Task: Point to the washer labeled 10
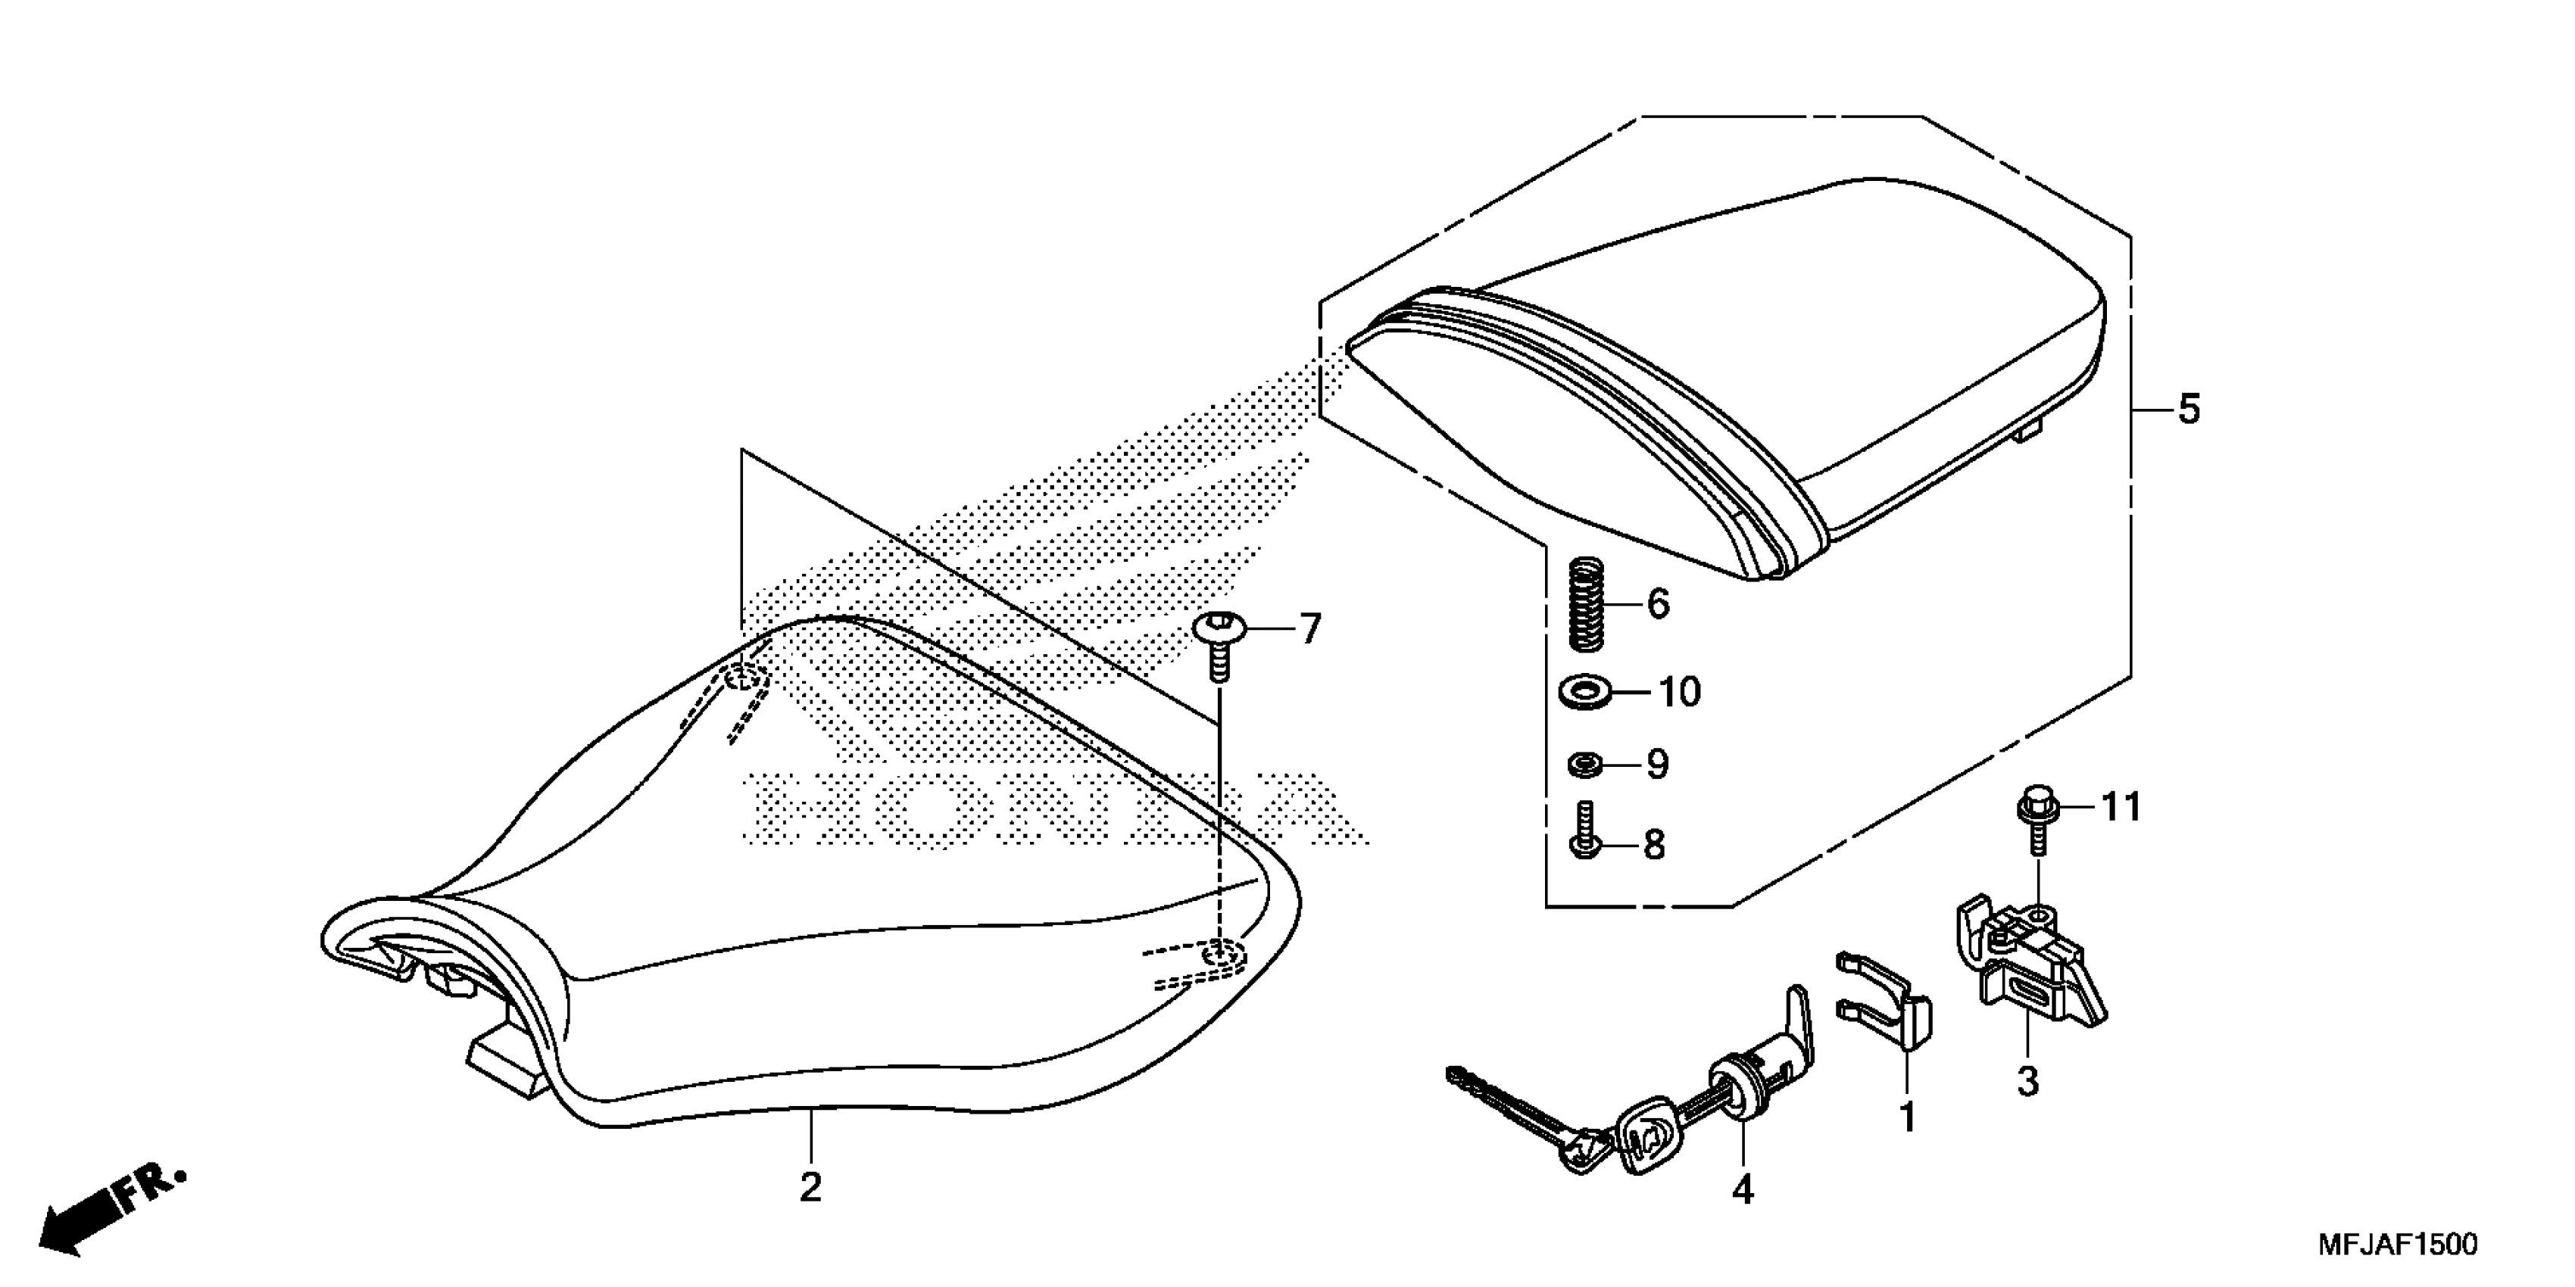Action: [x=1584, y=690]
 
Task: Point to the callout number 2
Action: [x=810, y=1188]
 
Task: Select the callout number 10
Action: [x=1679, y=691]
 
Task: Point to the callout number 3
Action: [x=2028, y=1081]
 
